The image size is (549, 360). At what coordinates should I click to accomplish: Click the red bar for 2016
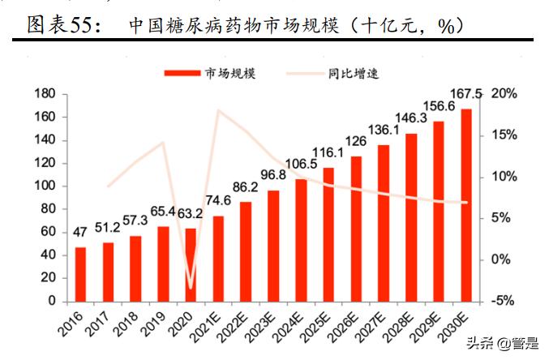point(80,274)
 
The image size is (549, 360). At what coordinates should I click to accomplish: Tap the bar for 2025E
point(328,234)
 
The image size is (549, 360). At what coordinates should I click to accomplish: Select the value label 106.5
point(301,165)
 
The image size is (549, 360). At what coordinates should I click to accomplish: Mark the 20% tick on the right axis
point(503,94)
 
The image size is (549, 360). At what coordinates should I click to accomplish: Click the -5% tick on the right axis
point(503,301)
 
